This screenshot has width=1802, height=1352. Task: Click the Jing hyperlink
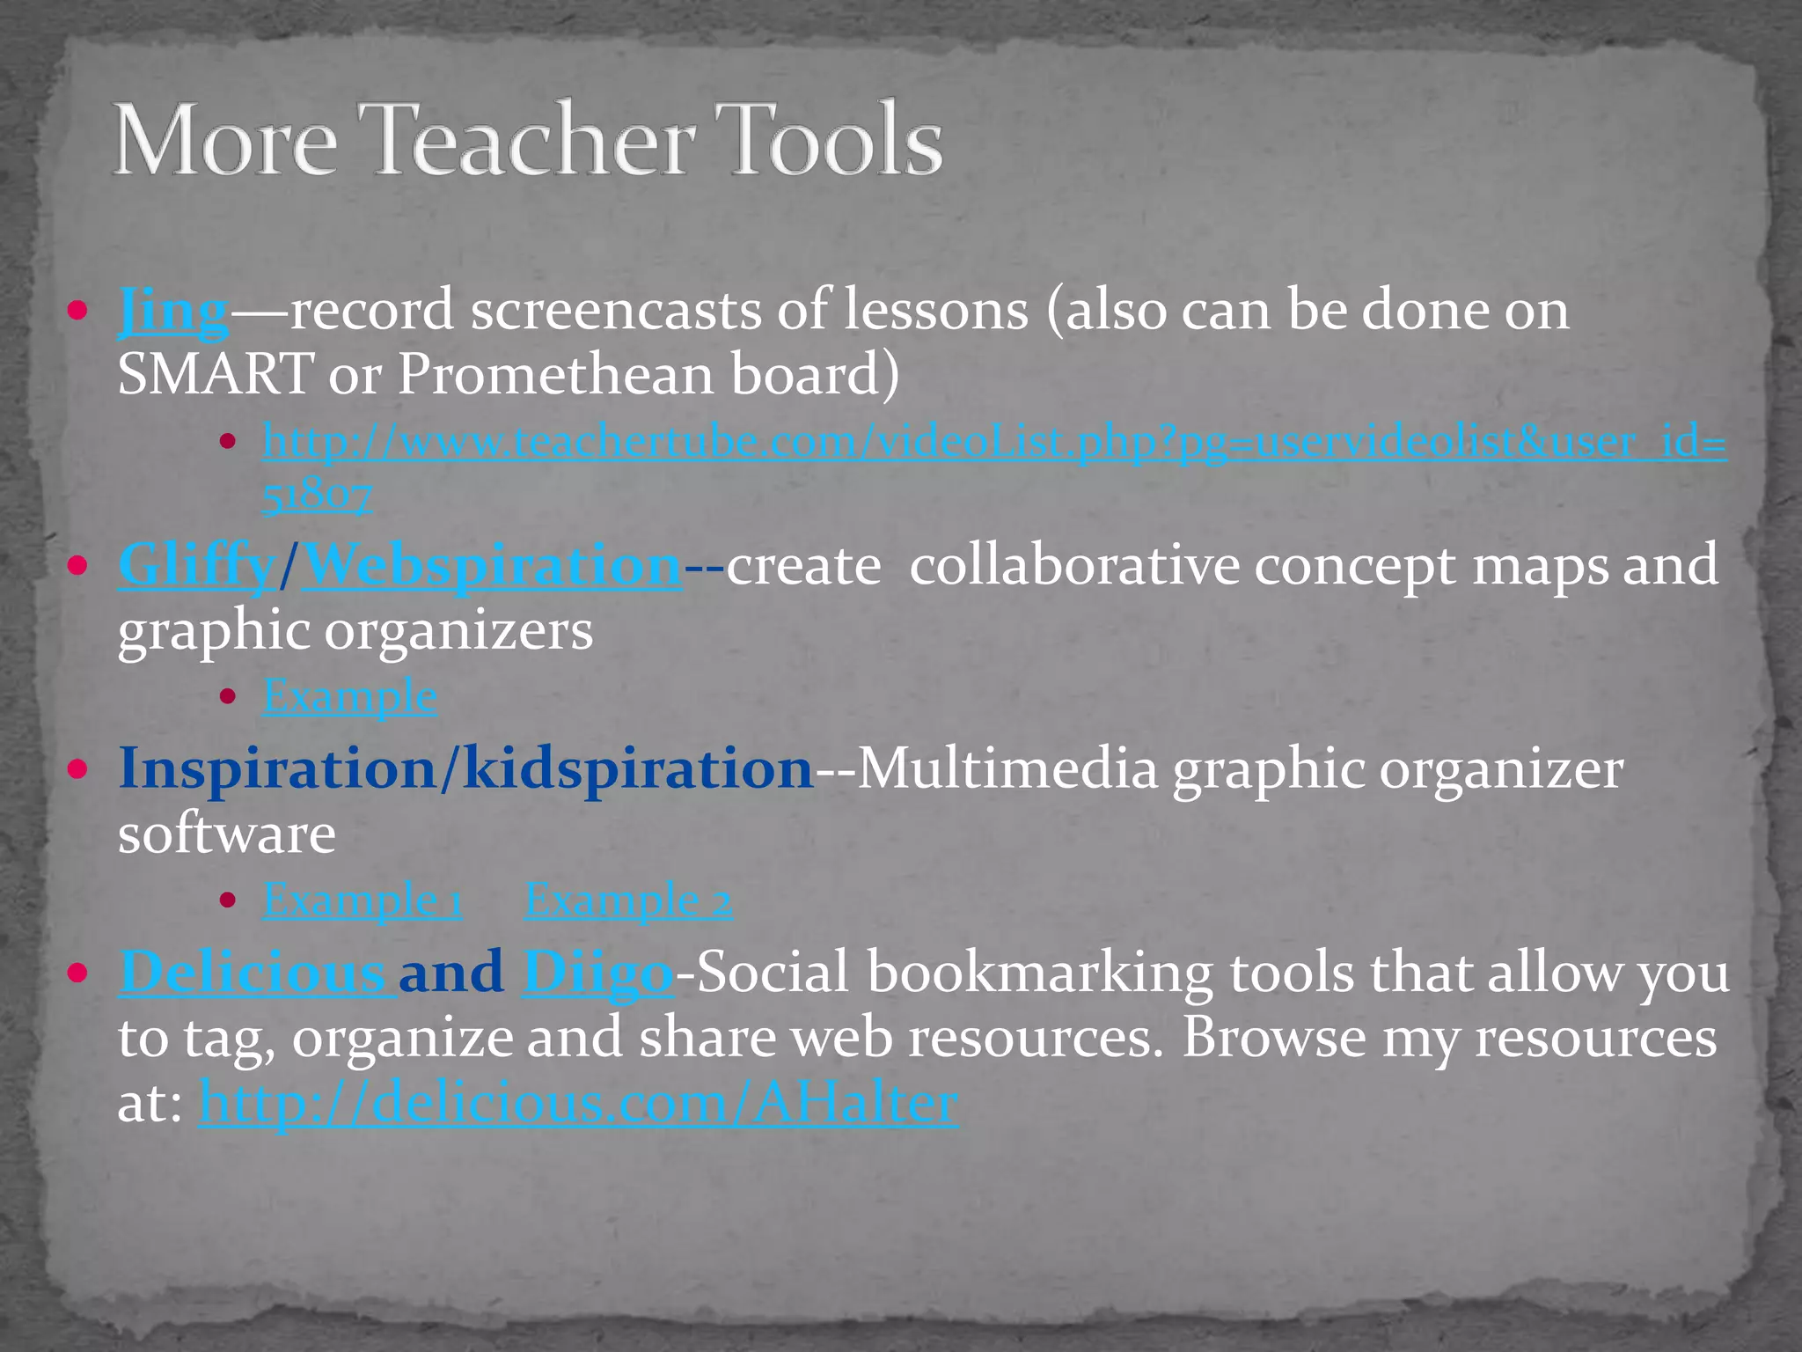173,312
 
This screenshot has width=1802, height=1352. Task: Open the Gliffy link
195,566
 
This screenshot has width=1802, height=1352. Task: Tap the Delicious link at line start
256,973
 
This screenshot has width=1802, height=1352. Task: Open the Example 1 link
363,900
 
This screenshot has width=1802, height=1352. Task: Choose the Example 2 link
628,900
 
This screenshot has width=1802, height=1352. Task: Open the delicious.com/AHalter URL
578,1102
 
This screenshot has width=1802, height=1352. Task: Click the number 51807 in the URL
317,495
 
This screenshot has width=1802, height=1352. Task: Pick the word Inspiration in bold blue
277,769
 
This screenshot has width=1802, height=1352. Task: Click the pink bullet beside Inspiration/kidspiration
78,769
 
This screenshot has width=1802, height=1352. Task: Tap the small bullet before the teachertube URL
228,442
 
